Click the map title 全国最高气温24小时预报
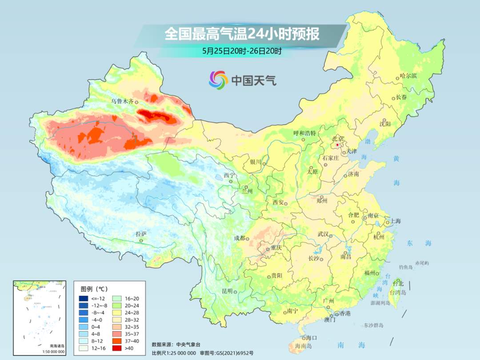pyautogui.click(x=242, y=34)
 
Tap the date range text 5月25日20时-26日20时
pyautogui.click(x=242, y=51)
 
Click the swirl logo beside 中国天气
pyautogui.click(x=218, y=80)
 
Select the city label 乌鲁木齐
pyautogui.click(x=122, y=101)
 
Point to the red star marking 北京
pyautogui.click(x=337, y=145)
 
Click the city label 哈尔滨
pyautogui.click(x=408, y=76)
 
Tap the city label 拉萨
pyautogui.click(x=141, y=234)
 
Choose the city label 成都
pyautogui.click(x=240, y=238)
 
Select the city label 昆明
pyautogui.click(x=227, y=291)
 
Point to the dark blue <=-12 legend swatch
pyautogui.click(x=84, y=298)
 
